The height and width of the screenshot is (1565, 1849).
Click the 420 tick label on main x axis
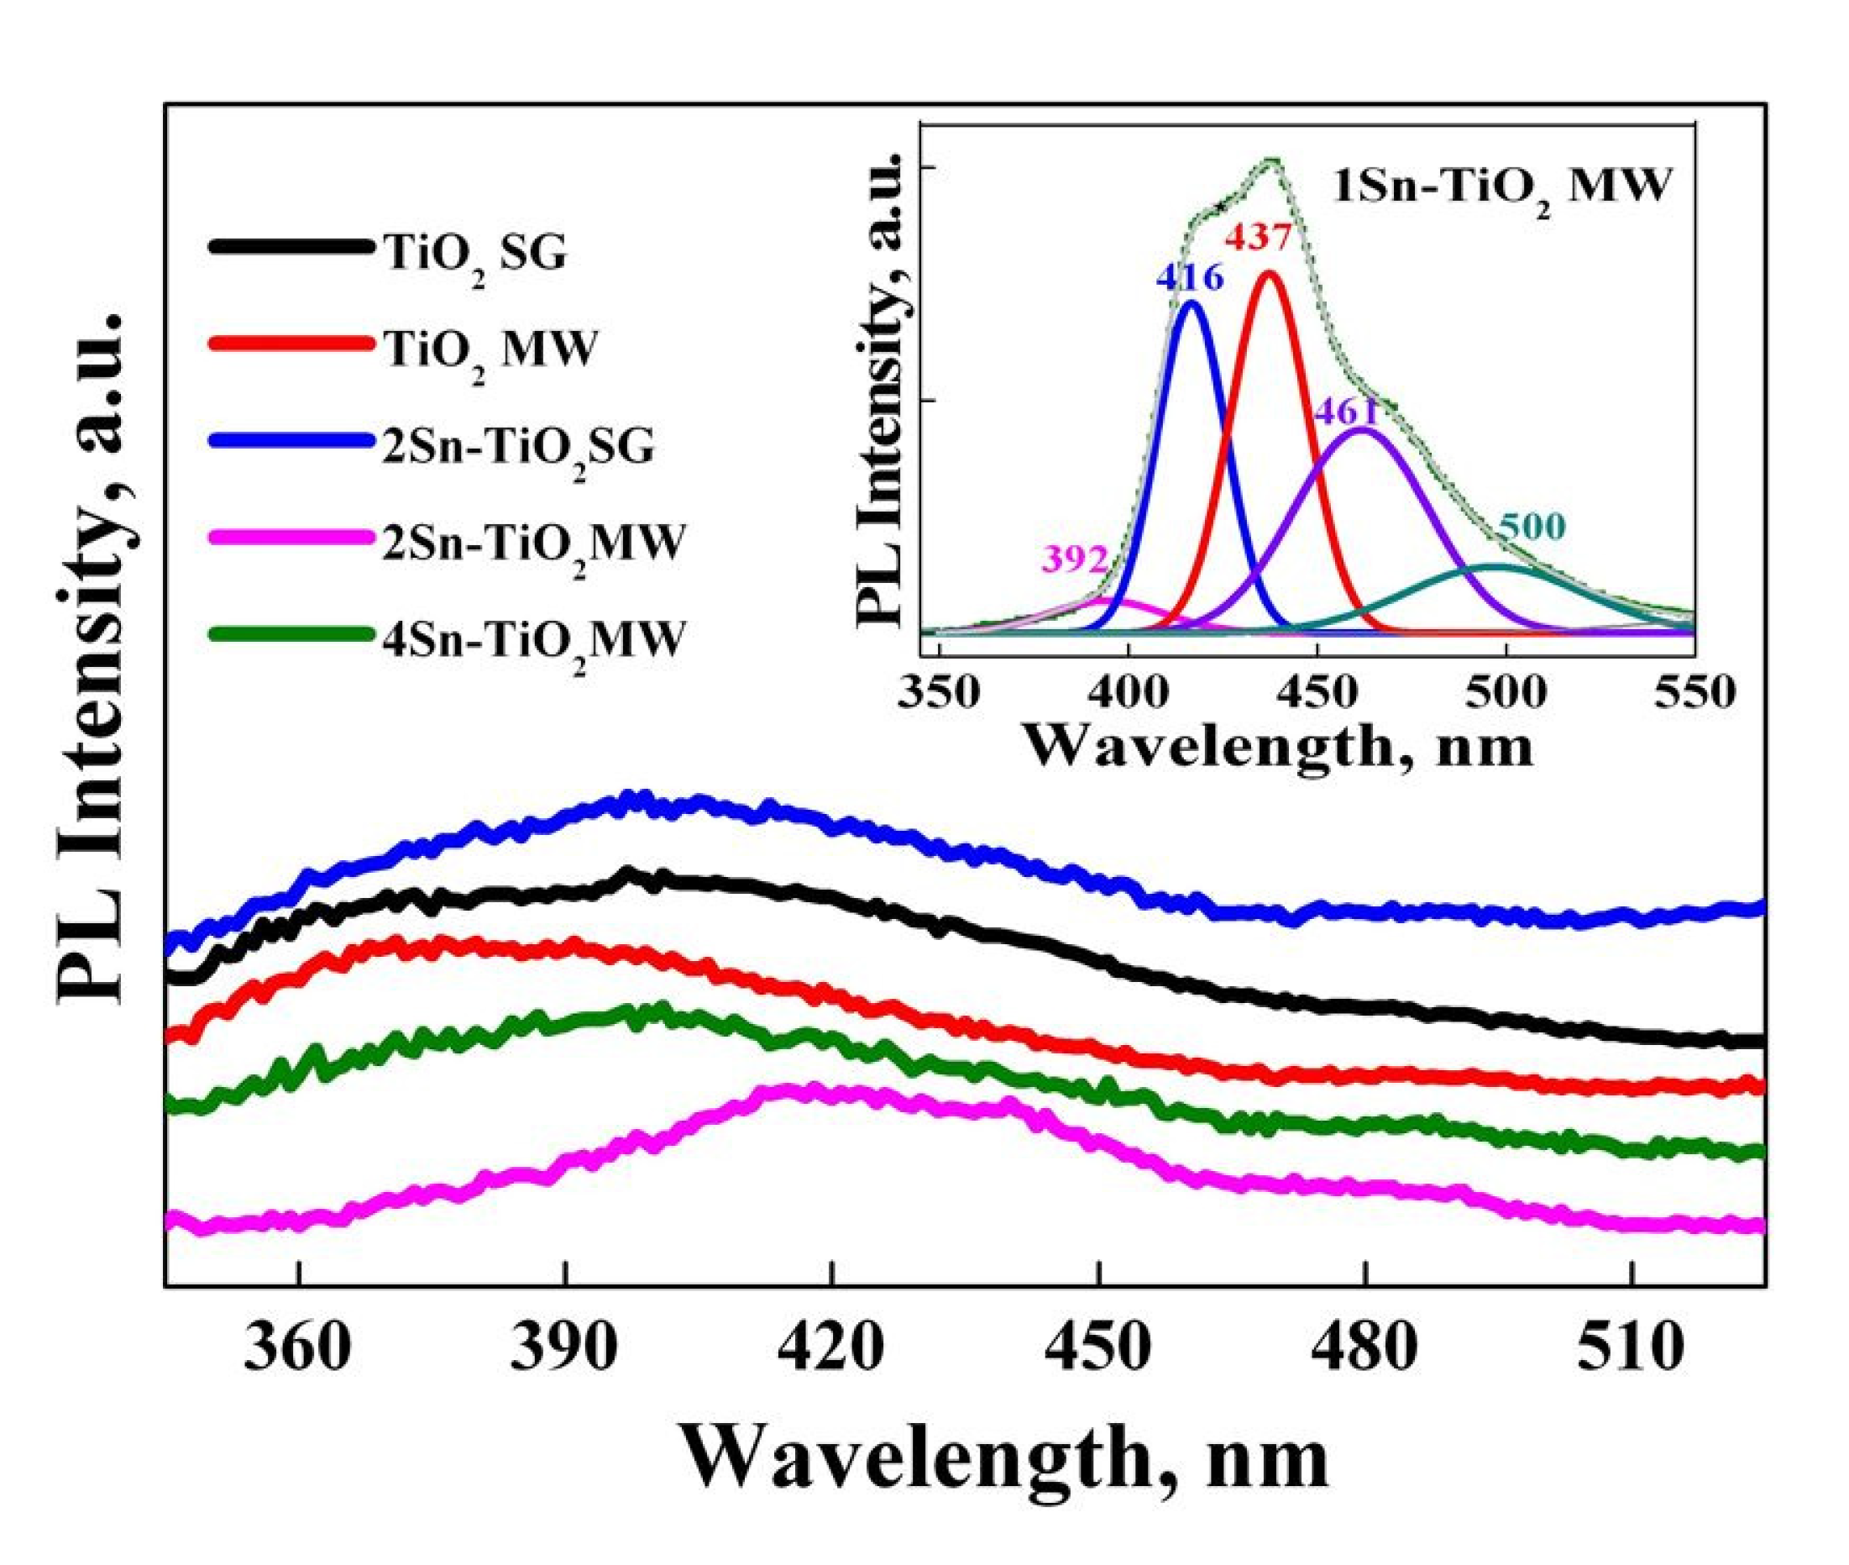(832, 1350)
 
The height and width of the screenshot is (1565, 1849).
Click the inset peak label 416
(1189, 279)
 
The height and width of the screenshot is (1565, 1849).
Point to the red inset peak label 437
(1260, 237)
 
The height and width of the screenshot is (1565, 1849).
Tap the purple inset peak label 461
(1347, 412)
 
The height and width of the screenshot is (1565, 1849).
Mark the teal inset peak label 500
(1532, 527)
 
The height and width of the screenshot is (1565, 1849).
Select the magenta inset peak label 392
(1075, 559)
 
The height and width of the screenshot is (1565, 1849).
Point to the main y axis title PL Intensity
(97, 657)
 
